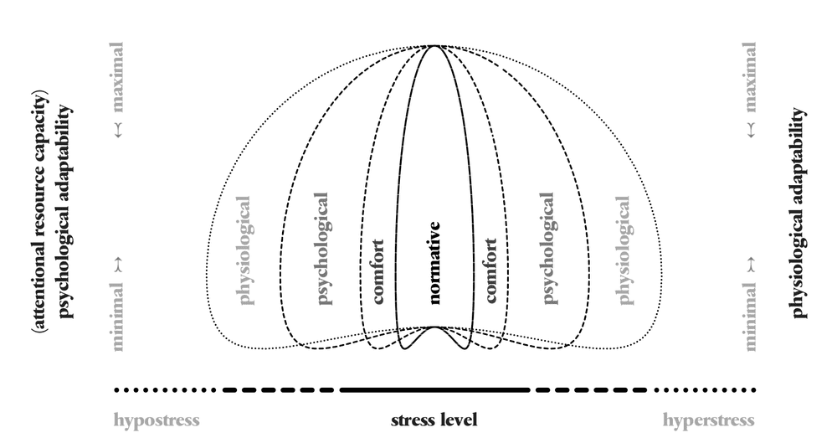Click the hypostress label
pos(157,420)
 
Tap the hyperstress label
pos(709,420)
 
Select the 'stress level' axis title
pos(434,420)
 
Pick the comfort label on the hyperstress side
pos(491,271)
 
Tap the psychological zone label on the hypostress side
pos(323,248)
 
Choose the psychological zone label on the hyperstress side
pos(548,248)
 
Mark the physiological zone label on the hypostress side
pos(245,250)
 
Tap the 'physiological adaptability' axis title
pos(798,213)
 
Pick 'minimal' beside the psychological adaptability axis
pos(118,317)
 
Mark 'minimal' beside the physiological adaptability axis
pos(750,317)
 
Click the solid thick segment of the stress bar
pos(434,390)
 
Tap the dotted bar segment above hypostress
pos(166,390)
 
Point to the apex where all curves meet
pos(434,45)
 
